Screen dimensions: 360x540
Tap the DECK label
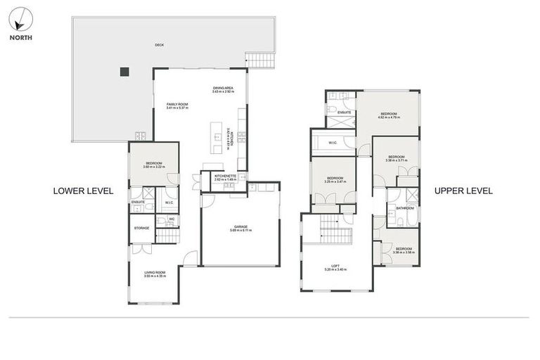click(x=159, y=47)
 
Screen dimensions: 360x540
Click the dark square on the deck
click(x=124, y=71)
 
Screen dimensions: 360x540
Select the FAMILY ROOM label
click(x=177, y=105)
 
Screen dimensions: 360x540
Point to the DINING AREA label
click(x=224, y=89)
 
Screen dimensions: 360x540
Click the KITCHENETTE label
click(x=224, y=176)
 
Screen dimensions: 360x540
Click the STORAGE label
click(x=141, y=228)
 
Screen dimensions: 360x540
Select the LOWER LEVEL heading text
click(x=83, y=191)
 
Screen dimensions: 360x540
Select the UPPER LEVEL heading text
click(x=463, y=191)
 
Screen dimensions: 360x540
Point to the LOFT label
click(x=335, y=266)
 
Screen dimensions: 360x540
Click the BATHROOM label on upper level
click(x=404, y=208)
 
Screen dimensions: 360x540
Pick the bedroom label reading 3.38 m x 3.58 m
click(x=403, y=250)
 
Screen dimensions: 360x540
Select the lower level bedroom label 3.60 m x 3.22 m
click(x=153, y=165)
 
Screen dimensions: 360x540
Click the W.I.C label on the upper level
click(x=333, y=143)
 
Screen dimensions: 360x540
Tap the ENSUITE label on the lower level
click(x=138, y=202)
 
